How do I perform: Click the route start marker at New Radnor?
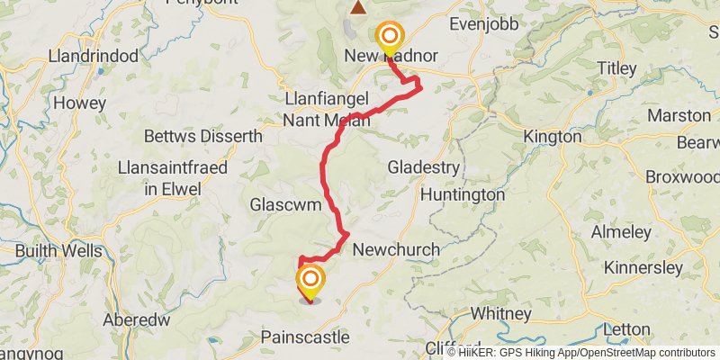389,37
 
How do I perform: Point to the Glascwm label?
287,205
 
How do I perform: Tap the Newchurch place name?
397,249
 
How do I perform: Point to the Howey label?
79,103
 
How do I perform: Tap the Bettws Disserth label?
203,136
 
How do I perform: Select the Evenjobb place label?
483,24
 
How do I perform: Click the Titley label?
616,67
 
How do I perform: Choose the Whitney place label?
501,313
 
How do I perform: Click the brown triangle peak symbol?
358,8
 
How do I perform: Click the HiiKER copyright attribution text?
580,352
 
